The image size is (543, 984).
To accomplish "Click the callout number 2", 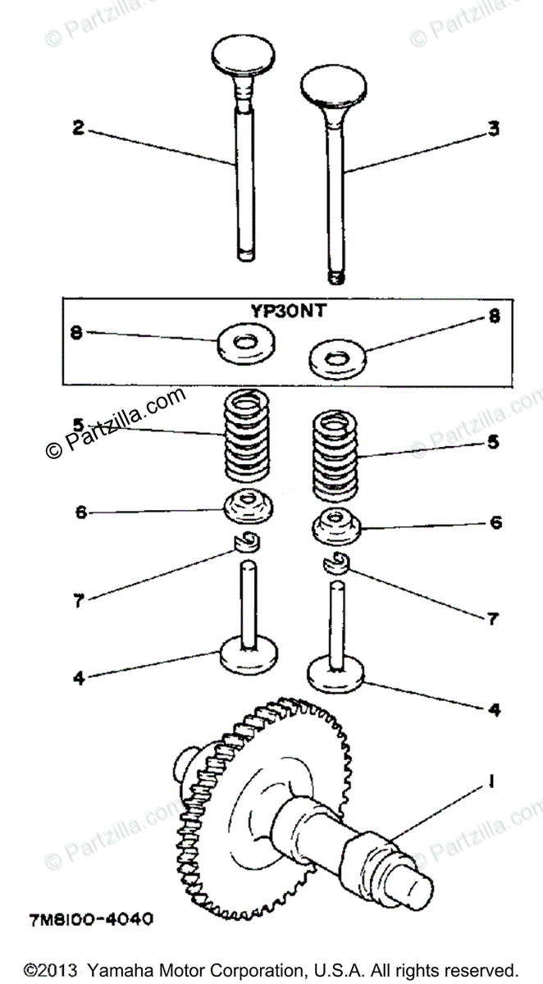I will click(x=78, y=129).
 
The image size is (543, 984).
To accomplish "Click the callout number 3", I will click(x=493, y=129).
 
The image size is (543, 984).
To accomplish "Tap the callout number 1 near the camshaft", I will click(x=491, y=781).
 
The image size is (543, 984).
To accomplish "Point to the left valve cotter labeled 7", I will click(x=244, y=540).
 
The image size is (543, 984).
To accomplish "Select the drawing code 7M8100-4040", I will click(x=90, y=920).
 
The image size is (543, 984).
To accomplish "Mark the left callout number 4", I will click(x=77, y=678).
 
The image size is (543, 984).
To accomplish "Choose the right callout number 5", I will click(x=494, y=441).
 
